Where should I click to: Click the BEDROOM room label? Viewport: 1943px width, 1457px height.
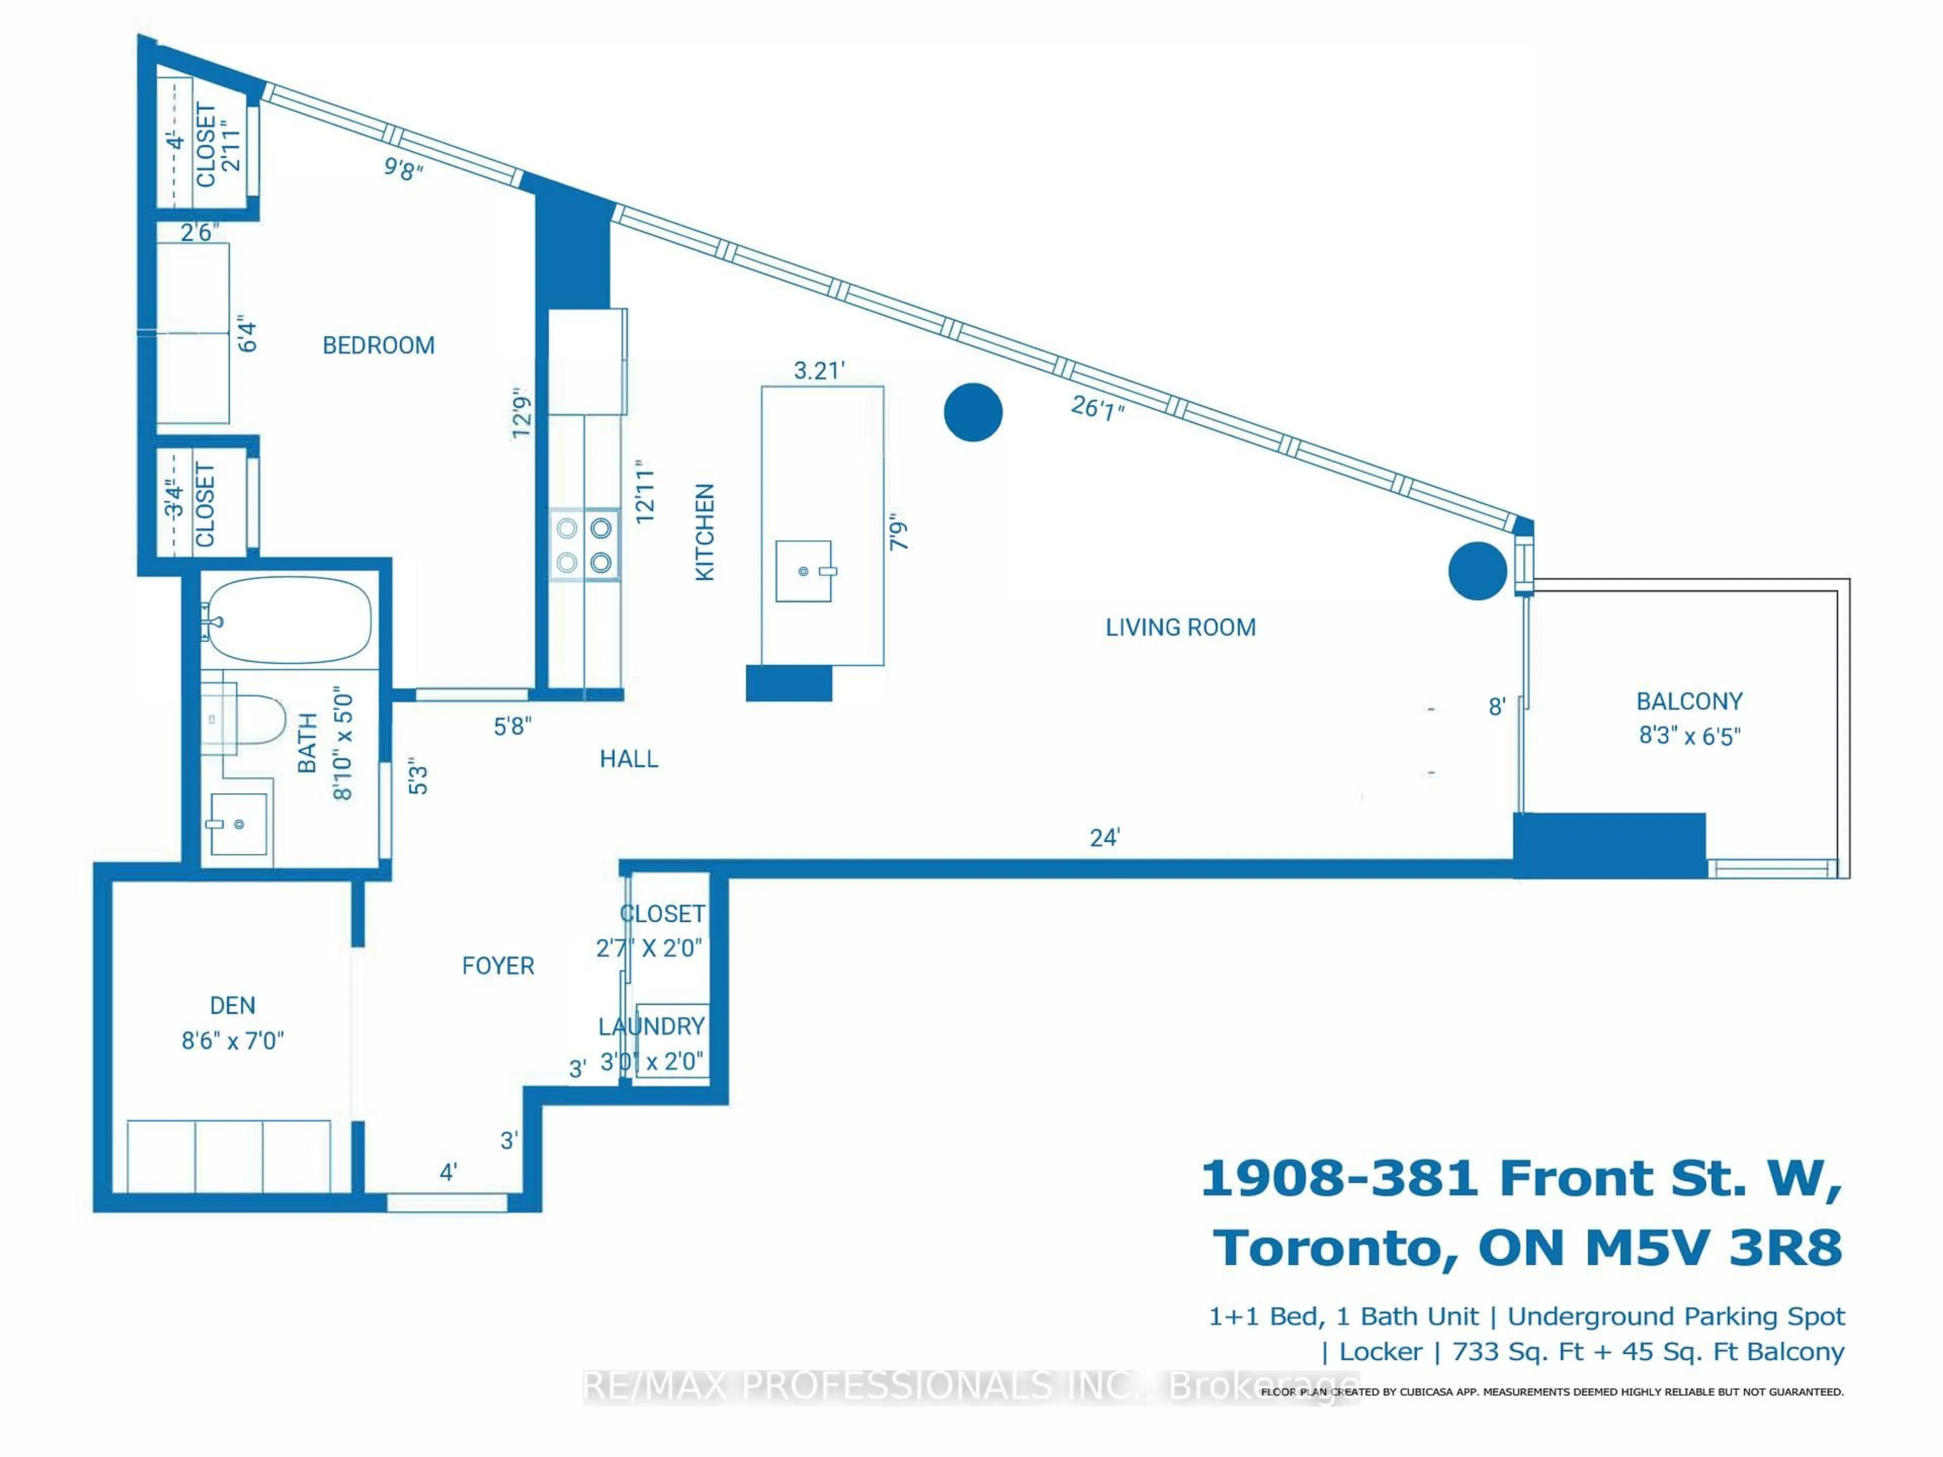tap(378, 345)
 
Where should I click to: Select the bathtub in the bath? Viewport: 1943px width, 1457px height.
tap(288, 620)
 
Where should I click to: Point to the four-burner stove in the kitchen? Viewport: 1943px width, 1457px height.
tap(584, 544)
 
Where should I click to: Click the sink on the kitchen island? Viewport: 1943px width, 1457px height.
tap(803, 571)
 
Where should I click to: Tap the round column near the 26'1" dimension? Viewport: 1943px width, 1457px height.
tap(973, 412)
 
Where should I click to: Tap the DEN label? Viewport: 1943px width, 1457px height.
tap(233, 1006)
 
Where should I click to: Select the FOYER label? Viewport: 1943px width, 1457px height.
tap(498, 966)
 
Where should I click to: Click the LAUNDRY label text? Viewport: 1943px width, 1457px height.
tap(651, 1026)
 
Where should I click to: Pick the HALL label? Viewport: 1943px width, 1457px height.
tap(629, 759)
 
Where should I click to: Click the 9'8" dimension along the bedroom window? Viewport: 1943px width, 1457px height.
tap(403, 168)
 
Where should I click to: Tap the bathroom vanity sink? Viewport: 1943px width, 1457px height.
tap(238, 824)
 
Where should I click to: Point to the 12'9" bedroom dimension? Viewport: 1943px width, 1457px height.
tap(522, 413)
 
